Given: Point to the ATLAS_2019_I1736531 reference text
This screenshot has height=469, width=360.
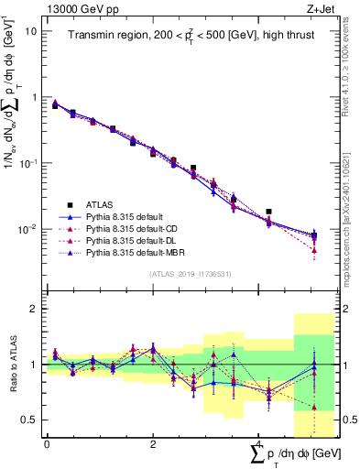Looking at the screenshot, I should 190,274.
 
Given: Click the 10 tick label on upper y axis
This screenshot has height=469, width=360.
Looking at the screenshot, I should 31,31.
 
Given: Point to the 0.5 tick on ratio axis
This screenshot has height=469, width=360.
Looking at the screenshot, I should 30,420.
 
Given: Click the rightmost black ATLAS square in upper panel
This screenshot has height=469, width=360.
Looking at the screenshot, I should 268,212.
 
